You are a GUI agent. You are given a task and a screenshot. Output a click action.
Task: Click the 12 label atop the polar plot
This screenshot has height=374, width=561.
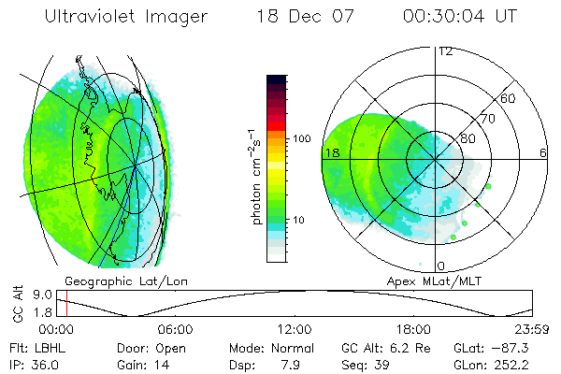(445, 50)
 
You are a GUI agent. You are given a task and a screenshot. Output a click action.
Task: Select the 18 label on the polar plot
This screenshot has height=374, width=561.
(330, 151)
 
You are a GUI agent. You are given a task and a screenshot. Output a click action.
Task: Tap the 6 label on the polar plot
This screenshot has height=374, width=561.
(543, 151)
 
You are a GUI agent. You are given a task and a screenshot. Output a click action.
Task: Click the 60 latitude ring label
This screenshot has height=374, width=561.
(509, 98)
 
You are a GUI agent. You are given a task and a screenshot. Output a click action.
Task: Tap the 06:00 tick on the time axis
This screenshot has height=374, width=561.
(175, 329)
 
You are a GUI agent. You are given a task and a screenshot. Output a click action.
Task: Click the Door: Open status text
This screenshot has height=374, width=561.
(141, 346)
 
